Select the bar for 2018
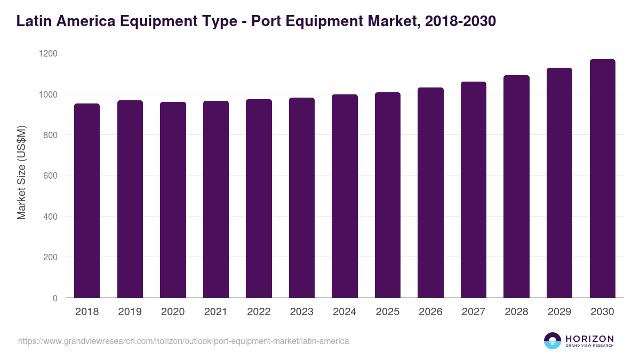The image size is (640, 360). [87, 201]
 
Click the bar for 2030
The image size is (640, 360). [602, 179]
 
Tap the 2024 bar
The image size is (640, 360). [345, 196]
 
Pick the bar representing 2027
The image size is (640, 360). [474, 190]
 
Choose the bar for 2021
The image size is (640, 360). [216, 199]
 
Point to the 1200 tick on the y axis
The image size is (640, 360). [47, 53]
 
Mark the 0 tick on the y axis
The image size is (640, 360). [55, 298]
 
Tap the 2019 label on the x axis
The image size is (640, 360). [130, 312]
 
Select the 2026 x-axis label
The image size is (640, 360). [430, 312]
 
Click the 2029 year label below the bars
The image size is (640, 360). [559, 312]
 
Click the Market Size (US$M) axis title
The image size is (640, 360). [21, 173]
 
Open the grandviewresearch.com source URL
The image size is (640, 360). [183, 341]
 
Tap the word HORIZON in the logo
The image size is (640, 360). [589, 339]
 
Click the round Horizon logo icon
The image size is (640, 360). [553, 341]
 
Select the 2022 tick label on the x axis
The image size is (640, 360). [259, 312]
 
